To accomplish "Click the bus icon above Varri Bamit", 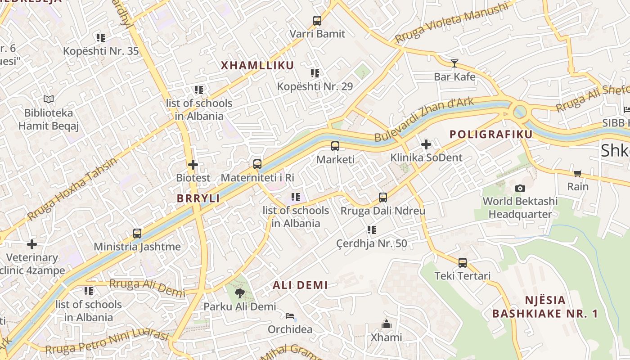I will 317,20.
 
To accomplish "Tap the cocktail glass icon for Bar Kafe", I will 454,63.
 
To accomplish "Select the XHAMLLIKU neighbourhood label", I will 257,65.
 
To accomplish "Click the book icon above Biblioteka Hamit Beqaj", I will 49,99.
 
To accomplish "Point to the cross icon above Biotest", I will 193,165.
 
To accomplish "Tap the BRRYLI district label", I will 198,198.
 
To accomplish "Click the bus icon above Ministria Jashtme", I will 137,234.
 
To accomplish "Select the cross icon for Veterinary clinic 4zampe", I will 32,244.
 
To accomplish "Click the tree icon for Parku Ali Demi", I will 239,293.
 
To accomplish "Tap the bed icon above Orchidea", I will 290,316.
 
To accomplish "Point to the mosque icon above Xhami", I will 386,324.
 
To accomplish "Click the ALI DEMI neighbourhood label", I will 300,285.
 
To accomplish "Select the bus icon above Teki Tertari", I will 462,263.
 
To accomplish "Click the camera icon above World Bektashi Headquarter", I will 520,188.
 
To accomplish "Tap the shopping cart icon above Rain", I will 577,173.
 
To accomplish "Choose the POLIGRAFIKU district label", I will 491,134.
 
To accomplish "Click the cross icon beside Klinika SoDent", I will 426,144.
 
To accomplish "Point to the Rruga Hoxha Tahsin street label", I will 72,189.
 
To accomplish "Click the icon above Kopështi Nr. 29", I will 315,73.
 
